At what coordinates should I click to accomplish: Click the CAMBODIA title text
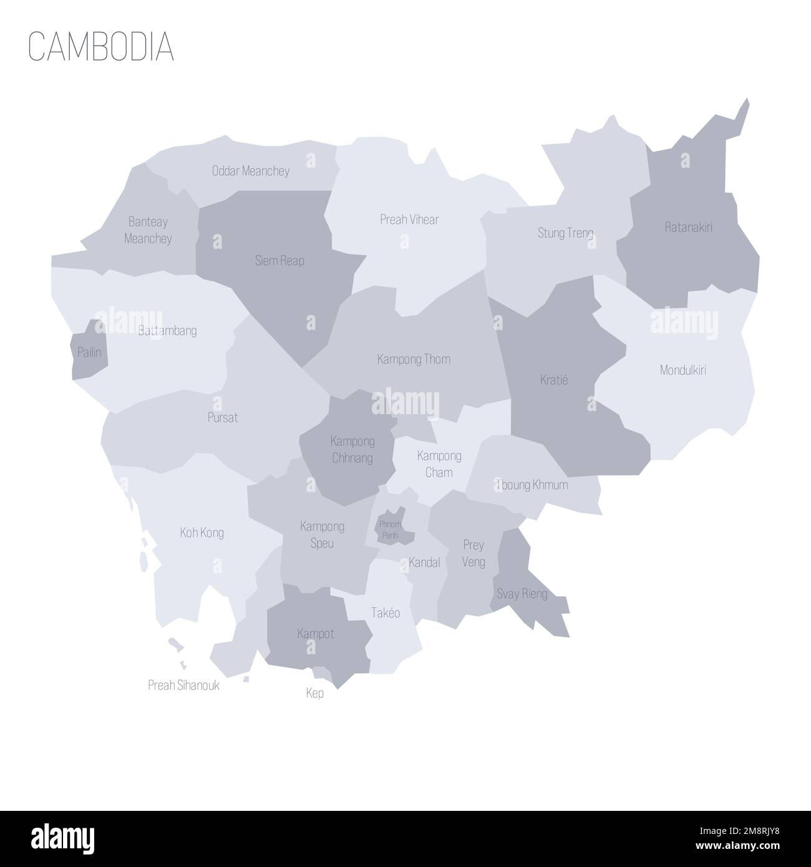click(101, 47)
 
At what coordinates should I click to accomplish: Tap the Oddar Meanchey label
click(250, 171)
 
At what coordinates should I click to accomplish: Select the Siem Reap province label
click(279, 261)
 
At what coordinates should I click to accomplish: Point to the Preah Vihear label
click(409, 220)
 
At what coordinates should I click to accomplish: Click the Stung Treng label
click(565, 233)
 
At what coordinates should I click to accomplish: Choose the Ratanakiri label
click(688, 227)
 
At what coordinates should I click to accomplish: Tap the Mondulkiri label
click(683, 370)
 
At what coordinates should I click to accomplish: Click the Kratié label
click(553, 379)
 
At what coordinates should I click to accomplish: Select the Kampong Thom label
click(414, 359)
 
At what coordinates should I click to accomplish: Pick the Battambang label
click(167, 331)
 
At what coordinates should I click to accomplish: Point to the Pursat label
click(223, 417)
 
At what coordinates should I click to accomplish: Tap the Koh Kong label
click(202, 533)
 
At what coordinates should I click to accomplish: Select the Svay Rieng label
click(522, 593)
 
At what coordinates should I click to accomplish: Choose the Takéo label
click(385, 613)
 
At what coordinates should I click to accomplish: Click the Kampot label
click(316, 634)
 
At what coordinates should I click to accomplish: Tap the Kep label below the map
click(315, 693)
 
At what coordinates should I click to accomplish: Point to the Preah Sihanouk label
click(183, 685)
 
